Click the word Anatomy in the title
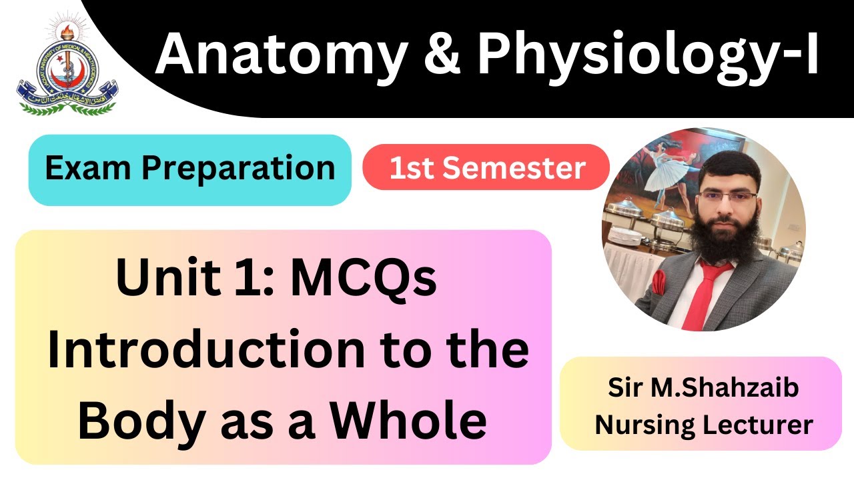point(280,54)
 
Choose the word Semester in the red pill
point(514,168)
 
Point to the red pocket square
point(659,281)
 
